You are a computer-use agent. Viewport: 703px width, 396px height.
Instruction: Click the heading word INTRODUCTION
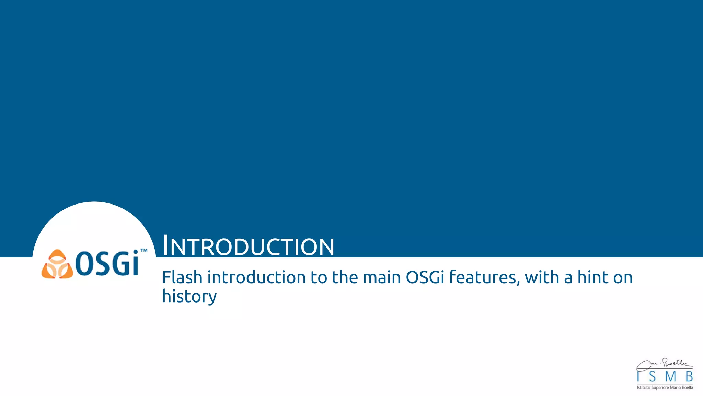pyautogui.click(x=248, y=246)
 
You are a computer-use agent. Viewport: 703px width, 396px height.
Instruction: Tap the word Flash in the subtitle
pyautogui.click(x=182, y=277)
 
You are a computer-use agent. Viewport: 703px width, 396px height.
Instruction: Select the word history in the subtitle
pyautogui.click(x=189, y=296)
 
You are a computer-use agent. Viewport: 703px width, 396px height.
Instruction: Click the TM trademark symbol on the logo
pyautogui.click(x=144, y=251)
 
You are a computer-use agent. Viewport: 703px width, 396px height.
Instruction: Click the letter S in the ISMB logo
pyautogui.click(x=653, y=377)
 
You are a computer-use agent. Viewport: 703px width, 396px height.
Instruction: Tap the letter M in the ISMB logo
pyautogui.click(x=670, y=377)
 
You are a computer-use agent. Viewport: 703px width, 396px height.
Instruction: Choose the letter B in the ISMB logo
pyautogui.click(x=689, y=377)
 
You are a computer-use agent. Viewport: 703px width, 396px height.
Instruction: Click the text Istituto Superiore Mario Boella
pyautogui.click(x=665, y=388)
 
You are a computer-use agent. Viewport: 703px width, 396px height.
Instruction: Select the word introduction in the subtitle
pyautogui.click(x=256, y=277)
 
